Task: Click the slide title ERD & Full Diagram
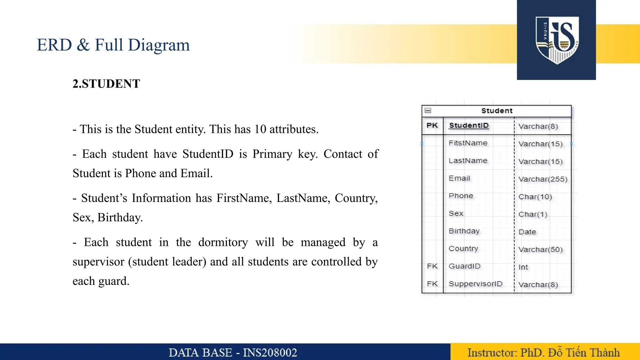(x=113, y=45)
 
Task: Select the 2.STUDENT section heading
(x=106, y=84)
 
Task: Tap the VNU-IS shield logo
(x=557, y=40)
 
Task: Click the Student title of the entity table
(x=497, y=111)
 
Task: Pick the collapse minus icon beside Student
(x=428, y=111)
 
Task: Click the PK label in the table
(x=432, y=126)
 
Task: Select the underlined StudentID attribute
(x=469, y=126)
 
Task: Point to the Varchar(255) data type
(x=543, y=179)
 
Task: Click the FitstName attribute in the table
(x=468, y=143)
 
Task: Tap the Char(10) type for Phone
(x=535, y=197)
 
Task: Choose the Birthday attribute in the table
(x=464, y=231)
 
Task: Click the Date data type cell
(x=527, y=232)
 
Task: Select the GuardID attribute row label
(x=464, y=266)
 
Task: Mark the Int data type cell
(x=523, y=267)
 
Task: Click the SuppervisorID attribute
(x=475, y=284)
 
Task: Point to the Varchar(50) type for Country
(x=540, y=250)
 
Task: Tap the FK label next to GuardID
(x=432, y=266)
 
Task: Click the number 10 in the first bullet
(x=260, y=129)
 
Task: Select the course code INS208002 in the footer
(x=270, y=353)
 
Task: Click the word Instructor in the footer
(x=492, y=353)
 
